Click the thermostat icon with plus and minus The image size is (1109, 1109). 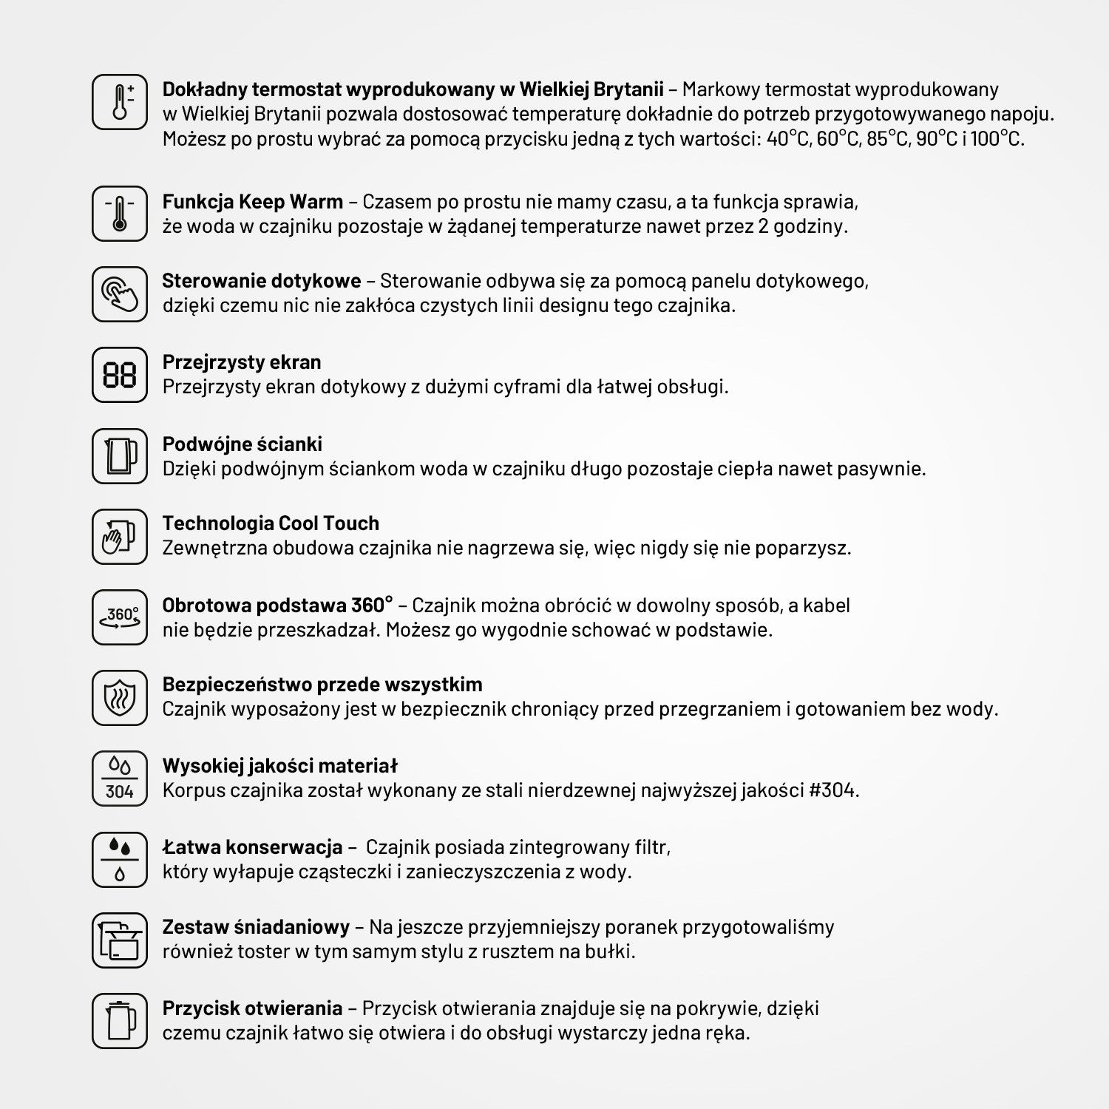click(x=120, y=102)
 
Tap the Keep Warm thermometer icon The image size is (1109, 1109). click(x=120, y=214)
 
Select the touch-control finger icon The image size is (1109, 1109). click(x=120, y=294)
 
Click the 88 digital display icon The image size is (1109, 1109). click(x=120, y=375)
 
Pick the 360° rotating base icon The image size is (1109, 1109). click(x=120, y=617)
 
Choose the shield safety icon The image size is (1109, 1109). click(x=120, y=698)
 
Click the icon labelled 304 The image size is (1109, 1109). click(x=120, y=779)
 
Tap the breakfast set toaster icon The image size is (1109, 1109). click(x=120, y=940)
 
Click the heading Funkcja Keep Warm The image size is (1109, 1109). click(x=252, y=202)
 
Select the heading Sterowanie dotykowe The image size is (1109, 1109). click(x=261, y=281)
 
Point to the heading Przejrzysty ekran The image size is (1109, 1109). click(x=242, y=362)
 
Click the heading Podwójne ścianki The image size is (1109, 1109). click(x=242, y=444)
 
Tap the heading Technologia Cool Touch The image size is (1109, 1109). click(x=271, y=523)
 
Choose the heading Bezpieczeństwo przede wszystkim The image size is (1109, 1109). click(x=322, y=685)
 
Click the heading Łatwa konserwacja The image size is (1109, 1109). click(x=252, y=847)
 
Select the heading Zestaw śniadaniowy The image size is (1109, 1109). click(x=256, y=927)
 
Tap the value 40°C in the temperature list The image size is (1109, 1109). click(x=788, y=139)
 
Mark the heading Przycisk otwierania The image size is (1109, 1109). click(x=252, y=1008)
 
